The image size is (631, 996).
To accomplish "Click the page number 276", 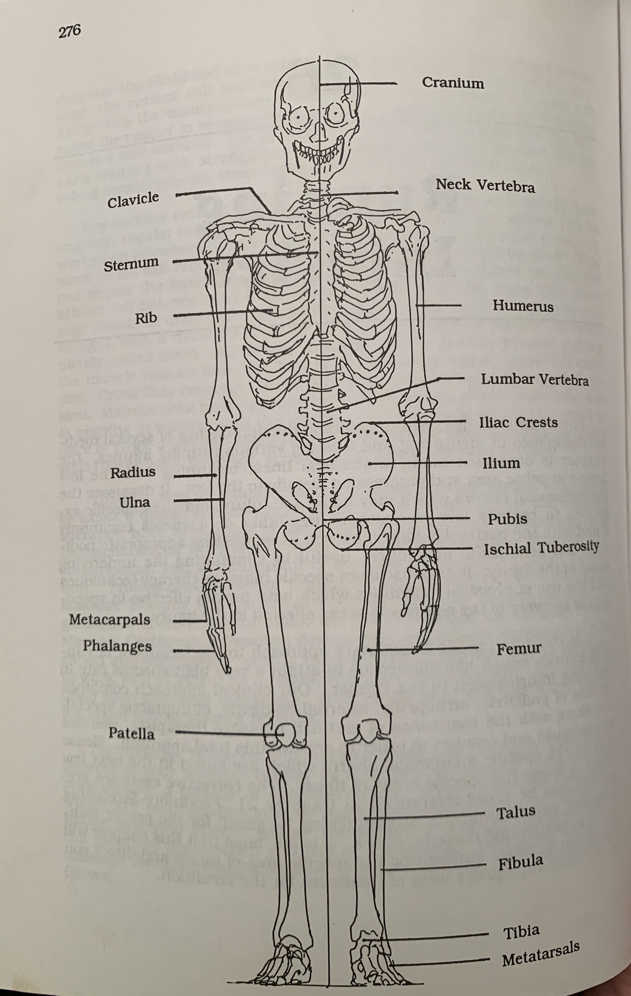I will click(69, 31).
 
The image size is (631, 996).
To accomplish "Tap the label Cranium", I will click(453, 83).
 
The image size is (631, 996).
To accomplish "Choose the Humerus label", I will click(523, 306).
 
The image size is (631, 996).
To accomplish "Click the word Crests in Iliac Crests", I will click(537, 422).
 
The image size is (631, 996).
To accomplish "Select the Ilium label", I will click(501, 463).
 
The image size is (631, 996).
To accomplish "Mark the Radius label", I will click(133, 472).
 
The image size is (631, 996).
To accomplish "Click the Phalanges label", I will click(117, 646).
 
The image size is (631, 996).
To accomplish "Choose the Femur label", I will click(519, 648).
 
